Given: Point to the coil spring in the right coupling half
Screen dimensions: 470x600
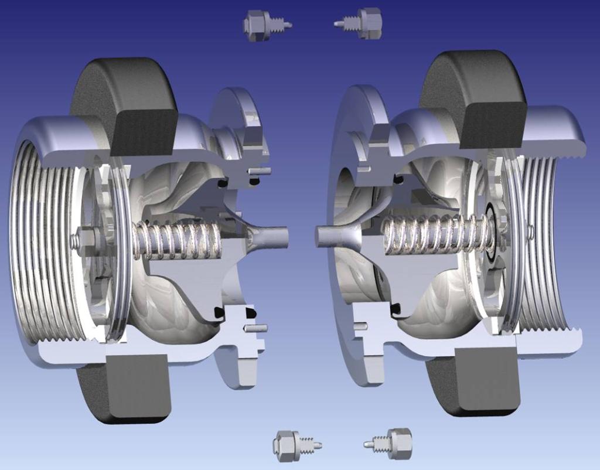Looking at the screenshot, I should tap(434, 234).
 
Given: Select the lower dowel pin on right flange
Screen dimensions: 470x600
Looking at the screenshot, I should tap(360, 326).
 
